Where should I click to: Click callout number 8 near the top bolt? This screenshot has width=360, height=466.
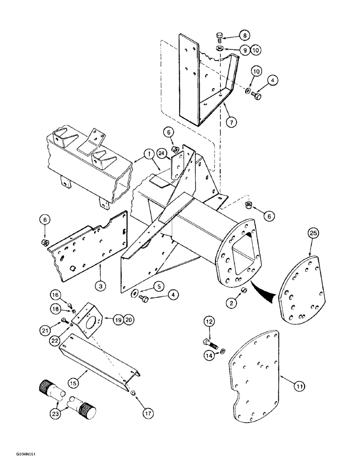(x=245, y=34)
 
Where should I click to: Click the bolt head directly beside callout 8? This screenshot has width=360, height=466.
(x=221, y=35)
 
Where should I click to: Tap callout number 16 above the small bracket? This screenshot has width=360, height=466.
(x=55, y=295)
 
